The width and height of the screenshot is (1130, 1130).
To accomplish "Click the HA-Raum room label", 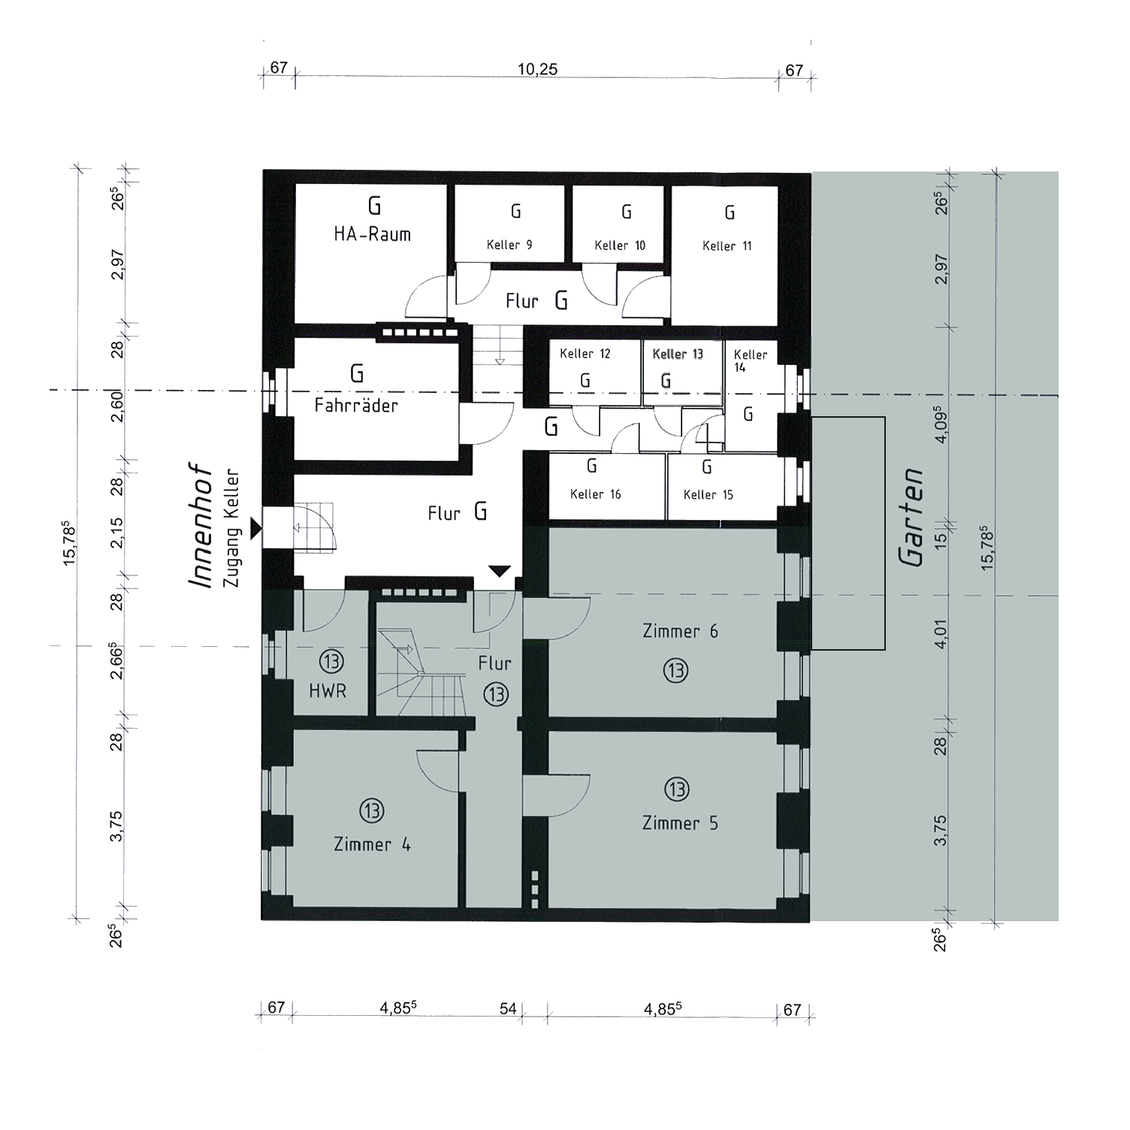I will (372, 234).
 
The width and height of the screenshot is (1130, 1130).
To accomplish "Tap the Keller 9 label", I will (509, 245).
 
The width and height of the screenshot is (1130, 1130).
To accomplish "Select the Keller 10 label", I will (620, 246).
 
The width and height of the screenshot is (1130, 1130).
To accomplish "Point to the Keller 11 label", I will (727, 246).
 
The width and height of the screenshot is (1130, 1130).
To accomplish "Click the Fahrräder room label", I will (356, 406).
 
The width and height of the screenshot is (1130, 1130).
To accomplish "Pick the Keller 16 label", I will (595, 494).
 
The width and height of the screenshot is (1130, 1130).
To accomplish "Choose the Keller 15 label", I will (708, 495).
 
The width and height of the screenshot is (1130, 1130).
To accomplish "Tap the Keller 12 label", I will (585, 354).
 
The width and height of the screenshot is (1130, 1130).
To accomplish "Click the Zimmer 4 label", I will (372, 845).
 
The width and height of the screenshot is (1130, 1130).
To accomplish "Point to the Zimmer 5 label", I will (680, 823).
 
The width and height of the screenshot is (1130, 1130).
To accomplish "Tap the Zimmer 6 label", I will (680, 632).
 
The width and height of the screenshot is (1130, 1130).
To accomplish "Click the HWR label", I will (328, 690).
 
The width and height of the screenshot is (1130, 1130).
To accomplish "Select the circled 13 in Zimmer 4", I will (372, 811).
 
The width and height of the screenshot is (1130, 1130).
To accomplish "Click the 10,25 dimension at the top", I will (537, 69).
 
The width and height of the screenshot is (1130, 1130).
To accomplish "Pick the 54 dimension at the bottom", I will (508, 1008).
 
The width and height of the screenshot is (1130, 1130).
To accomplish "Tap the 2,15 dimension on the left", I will (116, 532).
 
